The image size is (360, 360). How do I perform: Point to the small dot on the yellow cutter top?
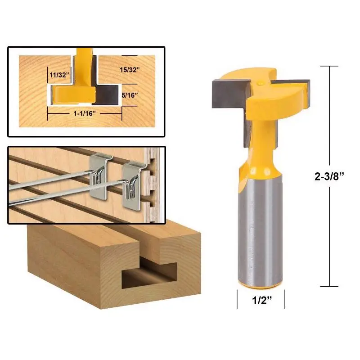click(259, 83)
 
